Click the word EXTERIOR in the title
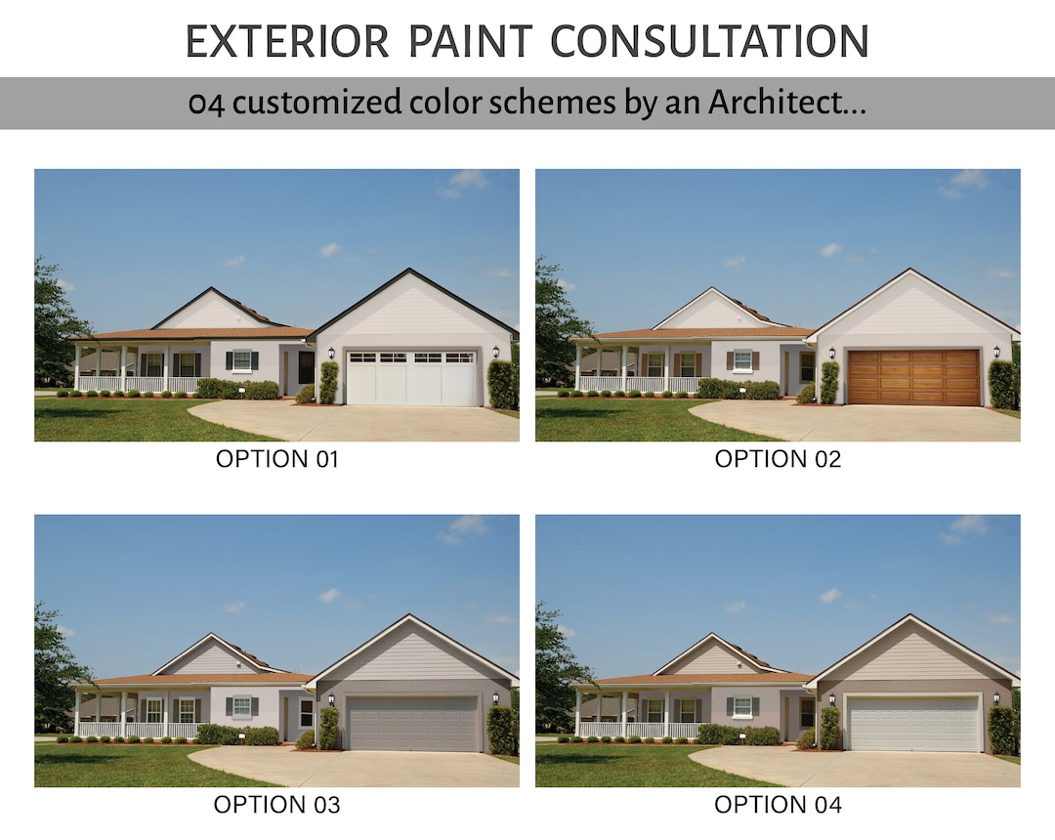pos(286,42)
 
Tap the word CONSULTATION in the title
pos(709,42)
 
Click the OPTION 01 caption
pos(276,459)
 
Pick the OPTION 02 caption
pos(778,459)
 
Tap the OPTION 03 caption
pos(276,805)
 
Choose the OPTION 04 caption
pos(778,805)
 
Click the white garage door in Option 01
pos(413,378)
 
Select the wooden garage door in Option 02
pos(913,377)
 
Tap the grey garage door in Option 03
pos(413,724)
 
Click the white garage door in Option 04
pos(913,724)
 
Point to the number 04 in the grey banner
pos(207,104)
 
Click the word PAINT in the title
pos(470,42)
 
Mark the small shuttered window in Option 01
pos(241,359)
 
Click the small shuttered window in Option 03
pos(241,705)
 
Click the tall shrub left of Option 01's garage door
pos(328,382)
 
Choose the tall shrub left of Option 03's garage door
pos(328,728)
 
